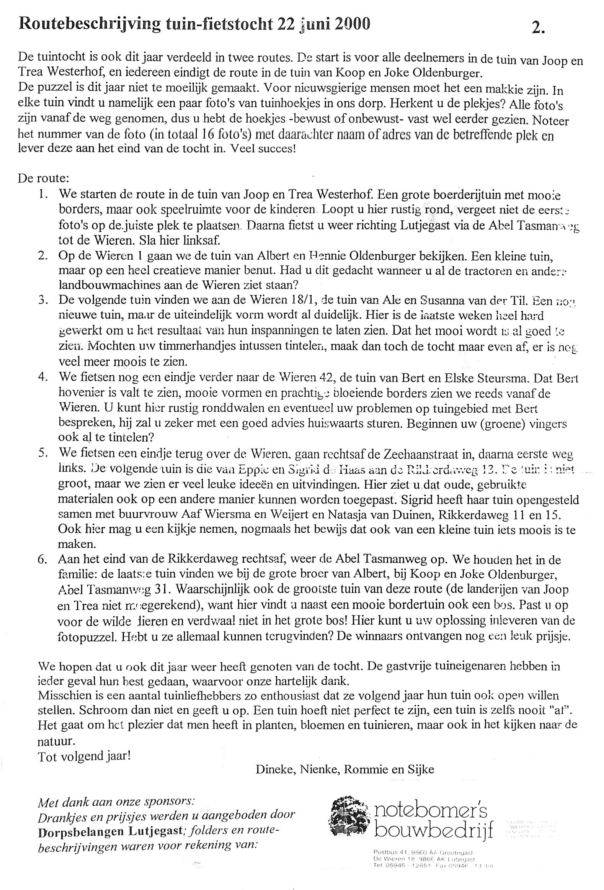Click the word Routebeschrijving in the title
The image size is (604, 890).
pos(90,25)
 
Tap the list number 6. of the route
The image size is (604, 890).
pos(42,560)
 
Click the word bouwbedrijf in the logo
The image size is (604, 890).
pos(433,830)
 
